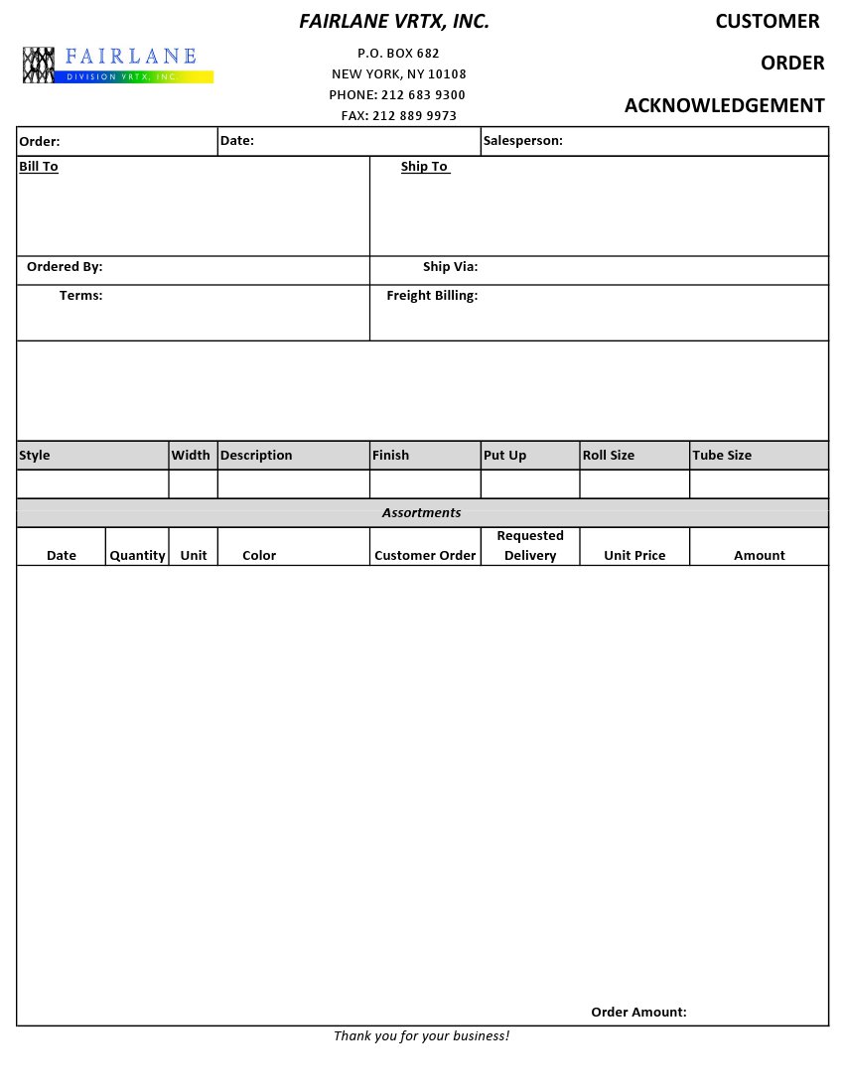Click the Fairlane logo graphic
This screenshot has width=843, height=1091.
(x=117, y=65)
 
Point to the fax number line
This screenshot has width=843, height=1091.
(x=398, y=116)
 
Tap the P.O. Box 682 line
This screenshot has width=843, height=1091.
(x=398, y=54)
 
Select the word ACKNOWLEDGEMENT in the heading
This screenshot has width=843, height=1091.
(x=724, y=105)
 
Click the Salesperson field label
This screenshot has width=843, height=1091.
(x=522, y=141)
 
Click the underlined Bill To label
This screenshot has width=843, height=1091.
(x=39, y=167)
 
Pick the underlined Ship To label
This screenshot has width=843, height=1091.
(x=425, y=167)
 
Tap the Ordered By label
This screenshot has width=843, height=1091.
(x=65, y=267)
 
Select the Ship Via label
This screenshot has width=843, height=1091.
(x=450, y=267)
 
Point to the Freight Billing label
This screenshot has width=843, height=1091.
(x=432, y=296)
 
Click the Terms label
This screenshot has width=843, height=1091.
(x=80, y=296)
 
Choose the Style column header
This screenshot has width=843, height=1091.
(x=35, y=456)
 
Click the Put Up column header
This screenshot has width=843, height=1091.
(x=504, y=456)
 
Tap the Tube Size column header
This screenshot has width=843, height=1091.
(x=722, y=456)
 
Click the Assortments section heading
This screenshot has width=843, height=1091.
(x=421, y=513)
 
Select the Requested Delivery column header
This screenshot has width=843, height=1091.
(x=530, y=546)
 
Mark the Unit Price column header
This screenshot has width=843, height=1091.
(x=634, y=556)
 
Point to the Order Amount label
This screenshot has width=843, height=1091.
(x=638, y=1013)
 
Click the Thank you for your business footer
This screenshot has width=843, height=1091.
(x=421, y=1036)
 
